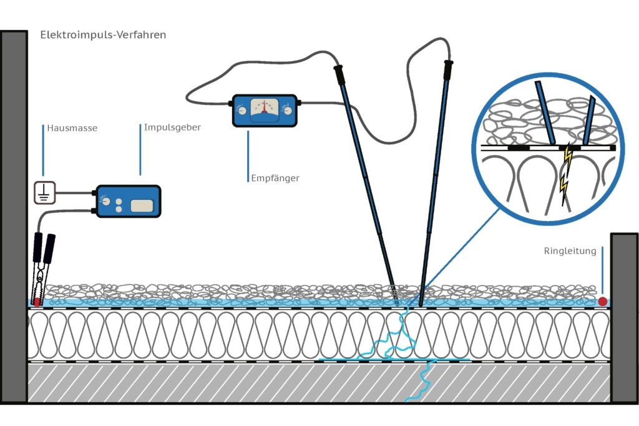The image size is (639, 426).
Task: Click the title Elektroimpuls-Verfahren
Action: pyautogui.click(x=103, y=35)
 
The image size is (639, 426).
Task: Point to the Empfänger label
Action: pyautogui.click(x=274, y=178)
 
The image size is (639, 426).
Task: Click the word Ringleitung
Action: pyautogui.click(x=570, y=251)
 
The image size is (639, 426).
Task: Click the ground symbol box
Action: pyautogui.click(x=44, y=193)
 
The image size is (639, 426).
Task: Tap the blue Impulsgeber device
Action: pyautogui.click(x=127, y=201)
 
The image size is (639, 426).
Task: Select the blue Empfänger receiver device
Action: pyautogui.click(x=264, y=111)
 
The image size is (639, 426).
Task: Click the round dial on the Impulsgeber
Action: pyautogui.click(x=105, y=202)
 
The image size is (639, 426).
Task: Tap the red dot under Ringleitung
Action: pyautogui.click(x=603, y=302)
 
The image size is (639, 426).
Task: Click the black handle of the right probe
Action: pyautogui.click(x=447, y=69)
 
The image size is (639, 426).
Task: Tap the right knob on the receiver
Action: pyautogui.click(x=286, y=111)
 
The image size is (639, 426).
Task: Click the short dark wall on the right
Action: pyautogui.click(x=623, y=319)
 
